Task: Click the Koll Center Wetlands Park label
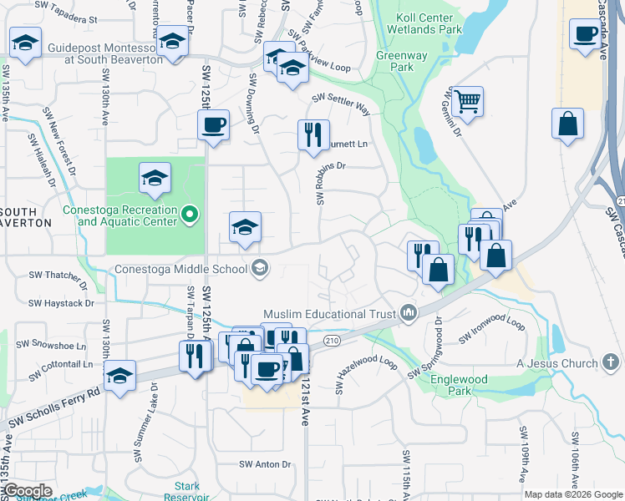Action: pyautogui.click(x=424, y=23)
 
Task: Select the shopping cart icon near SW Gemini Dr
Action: pyautogui.click(x=468, y=102)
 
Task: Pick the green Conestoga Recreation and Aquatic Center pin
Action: pyautogui.click(x=190, y=215)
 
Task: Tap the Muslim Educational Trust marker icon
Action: pyautogui.click(x=409, y=313)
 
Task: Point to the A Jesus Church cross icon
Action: pyautogui.click(x=612, y=362)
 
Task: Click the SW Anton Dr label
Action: pyautogui.click(x=264, y=464)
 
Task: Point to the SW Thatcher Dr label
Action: pyautogui.click(x=57, y=275)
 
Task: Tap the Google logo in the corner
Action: pyautogui.click(x=28, y=490)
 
